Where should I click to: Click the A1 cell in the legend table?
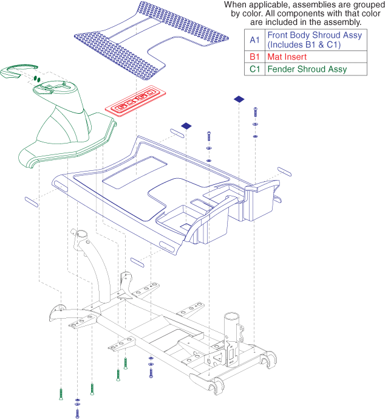(x=254, y=40)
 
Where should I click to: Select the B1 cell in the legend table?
(x=254, y=57)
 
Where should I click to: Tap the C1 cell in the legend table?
(x=254, y=69)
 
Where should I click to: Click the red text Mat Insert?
(x=287, y=57)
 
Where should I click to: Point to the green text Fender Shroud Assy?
(x=307, y=69)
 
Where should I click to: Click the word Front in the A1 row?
(x=277, y=35)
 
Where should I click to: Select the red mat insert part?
(x=135, y=101)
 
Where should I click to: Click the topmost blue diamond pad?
(x=239, y=99)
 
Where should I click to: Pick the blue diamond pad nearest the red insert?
(x=186, y=126)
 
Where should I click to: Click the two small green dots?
(x=37, y=79)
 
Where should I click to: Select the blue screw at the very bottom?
(x=77, y=413)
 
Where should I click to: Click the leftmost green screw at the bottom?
(x=61, y=394)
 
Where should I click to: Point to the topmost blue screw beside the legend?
(x=256, y=112)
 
